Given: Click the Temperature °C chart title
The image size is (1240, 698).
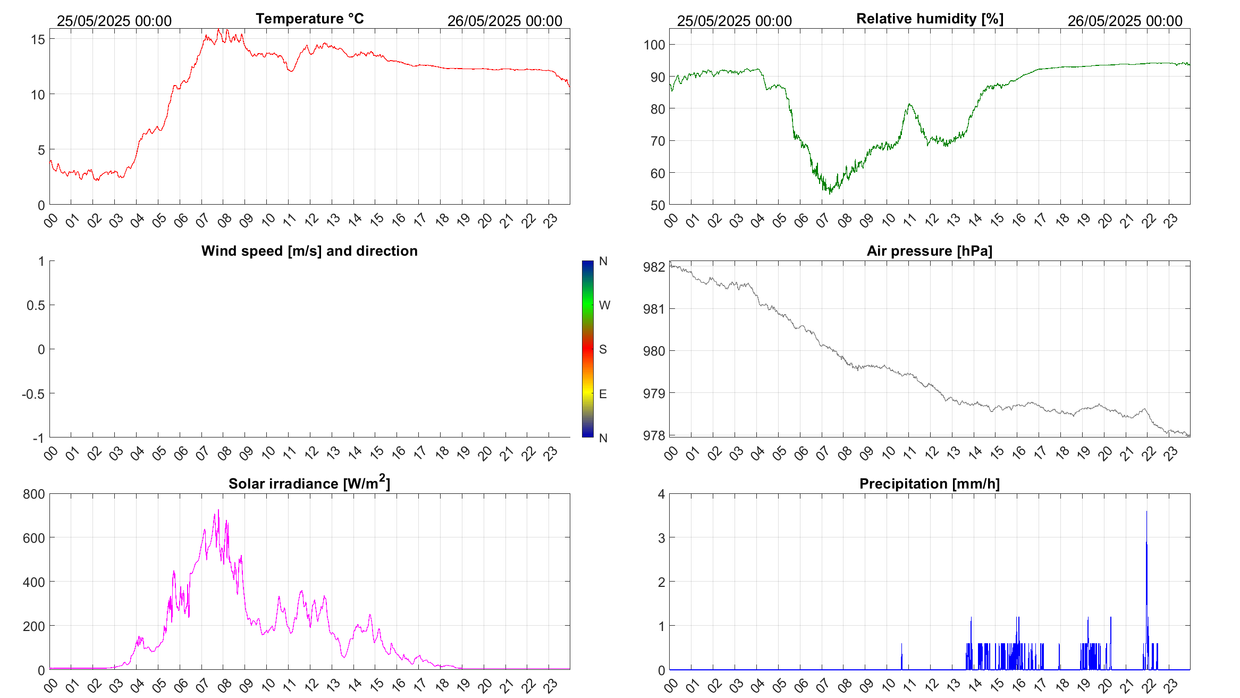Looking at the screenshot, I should pos(309,19).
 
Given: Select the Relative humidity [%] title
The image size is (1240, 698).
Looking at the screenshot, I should pos(930,19).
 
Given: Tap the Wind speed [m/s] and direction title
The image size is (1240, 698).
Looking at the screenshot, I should pos(309,251).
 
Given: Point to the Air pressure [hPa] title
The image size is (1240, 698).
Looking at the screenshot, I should pos(930,251).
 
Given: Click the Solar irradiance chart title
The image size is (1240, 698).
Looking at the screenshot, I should pos(309,484).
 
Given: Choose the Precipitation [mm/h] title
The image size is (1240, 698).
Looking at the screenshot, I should pos(930,484).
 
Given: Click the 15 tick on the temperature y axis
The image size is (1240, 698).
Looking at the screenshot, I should pos(38,39).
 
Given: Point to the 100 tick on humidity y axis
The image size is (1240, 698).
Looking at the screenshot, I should pos(654,45).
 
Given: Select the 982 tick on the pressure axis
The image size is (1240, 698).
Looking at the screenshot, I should pos(654,267).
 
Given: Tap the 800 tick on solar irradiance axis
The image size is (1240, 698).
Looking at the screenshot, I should pos(34,494).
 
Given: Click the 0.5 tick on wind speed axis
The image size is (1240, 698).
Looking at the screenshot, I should pos(36,305).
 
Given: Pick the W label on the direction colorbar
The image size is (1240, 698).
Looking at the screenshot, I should pos(604,305).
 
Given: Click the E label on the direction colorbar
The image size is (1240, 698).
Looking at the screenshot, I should pos(603,394).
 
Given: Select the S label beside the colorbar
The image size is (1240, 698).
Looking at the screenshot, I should pos(603,349).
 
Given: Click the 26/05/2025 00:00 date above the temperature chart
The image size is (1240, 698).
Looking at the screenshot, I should pos(504,21).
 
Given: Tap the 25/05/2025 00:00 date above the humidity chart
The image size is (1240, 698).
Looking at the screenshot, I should pos(734,21).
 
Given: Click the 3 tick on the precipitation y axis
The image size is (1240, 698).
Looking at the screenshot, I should pos(661,538).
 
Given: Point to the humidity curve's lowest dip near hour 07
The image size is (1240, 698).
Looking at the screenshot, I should pos(830,192).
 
